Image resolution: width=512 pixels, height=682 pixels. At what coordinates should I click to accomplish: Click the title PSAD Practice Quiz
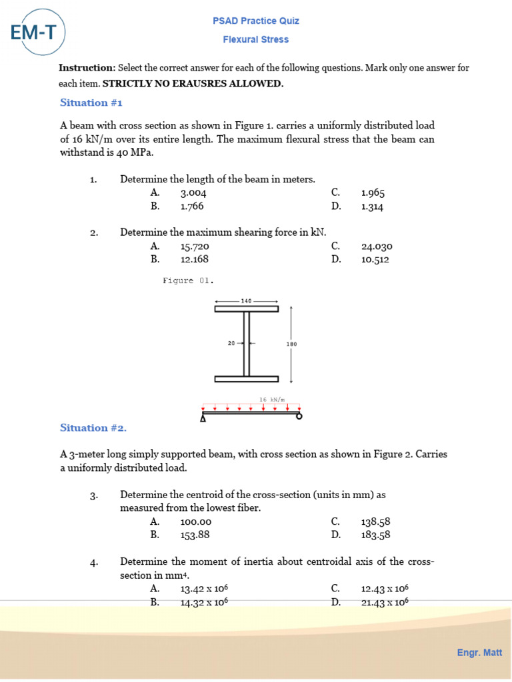(256, 21)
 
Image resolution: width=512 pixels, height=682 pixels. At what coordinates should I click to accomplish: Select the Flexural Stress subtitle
(256, 40)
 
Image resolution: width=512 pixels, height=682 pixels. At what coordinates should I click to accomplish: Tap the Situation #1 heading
(91, 103)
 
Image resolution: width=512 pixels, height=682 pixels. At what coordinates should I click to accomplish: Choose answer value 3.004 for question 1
(193, 193)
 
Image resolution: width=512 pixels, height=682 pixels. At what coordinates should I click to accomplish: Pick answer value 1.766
(192, 206)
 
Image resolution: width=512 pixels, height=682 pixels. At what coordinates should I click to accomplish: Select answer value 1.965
(373, 193)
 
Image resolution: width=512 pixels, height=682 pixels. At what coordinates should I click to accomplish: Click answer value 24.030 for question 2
(377, 246)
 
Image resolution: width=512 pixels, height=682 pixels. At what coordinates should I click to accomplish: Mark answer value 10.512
(375, 260)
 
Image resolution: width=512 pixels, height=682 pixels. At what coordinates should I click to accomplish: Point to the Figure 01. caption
(188, 281)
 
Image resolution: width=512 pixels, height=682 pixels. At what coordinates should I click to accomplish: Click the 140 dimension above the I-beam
(246, 301)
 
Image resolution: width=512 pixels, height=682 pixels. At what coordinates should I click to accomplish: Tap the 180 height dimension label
(291, 344)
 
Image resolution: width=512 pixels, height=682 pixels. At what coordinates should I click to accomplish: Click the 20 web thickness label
(231, 344)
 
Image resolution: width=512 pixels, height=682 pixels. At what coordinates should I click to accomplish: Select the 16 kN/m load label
(271, 400)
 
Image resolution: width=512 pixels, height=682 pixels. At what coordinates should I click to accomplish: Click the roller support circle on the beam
(299, 417)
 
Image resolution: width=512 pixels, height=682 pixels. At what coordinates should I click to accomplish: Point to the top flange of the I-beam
(246, 309)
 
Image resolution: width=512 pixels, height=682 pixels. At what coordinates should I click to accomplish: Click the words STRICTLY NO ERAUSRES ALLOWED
(193, 84)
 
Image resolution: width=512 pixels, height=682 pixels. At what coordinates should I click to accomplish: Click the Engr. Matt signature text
(479, 653)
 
